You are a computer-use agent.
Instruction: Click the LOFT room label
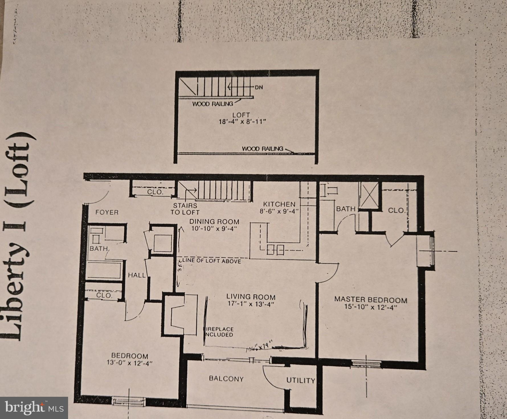point(241,115)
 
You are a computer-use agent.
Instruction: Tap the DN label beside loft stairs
point(259,88)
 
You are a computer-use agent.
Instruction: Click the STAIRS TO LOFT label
point(185,209)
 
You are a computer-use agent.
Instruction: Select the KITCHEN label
point(279,204)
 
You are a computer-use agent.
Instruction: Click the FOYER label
point(107,212)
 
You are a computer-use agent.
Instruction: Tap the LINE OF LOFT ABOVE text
point(212,261)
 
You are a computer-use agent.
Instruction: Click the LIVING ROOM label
point(251,297)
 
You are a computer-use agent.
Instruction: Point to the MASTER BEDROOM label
point(371,300)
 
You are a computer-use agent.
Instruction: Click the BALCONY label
point(226,379)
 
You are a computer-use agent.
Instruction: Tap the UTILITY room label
point(301,380)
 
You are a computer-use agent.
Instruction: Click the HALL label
point(136,275)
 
